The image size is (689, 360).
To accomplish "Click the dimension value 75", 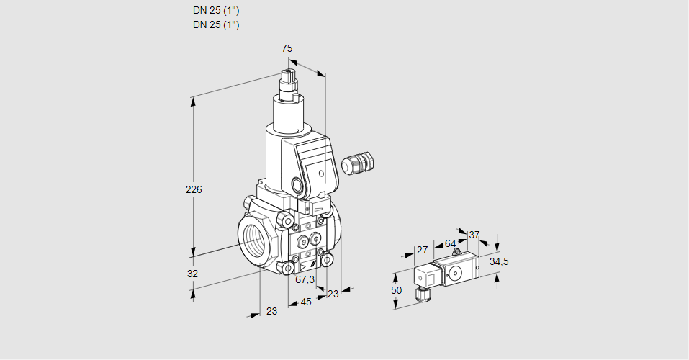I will tap(287, 48).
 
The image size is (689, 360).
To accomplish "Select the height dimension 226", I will tap(194, 190).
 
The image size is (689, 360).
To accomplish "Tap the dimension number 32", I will tap(192, 274).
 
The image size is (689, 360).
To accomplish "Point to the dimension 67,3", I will tap(305, 279).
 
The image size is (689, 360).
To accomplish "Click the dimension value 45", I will tap(306, 302).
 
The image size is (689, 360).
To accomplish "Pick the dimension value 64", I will tap(450, 243).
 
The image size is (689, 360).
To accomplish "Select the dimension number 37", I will tap(474, 235).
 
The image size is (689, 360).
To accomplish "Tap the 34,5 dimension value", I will tap(499, 261).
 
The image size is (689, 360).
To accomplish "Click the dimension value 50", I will tap(396, 289).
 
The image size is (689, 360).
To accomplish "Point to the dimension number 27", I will tap(422, 250).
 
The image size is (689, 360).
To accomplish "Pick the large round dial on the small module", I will tap(455, 273).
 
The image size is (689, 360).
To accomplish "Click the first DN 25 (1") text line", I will tap(216, 11).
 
